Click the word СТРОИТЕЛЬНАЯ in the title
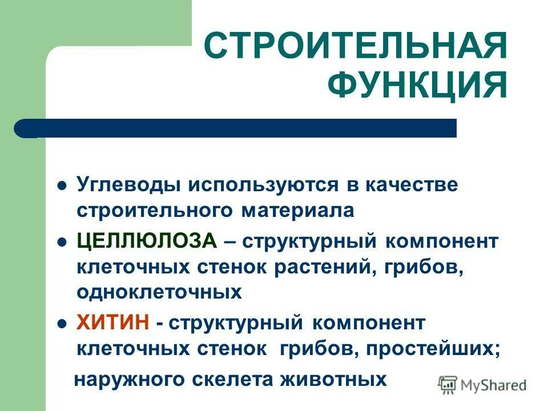[x=354, y=45]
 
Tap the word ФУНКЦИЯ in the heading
[x=417, y=86]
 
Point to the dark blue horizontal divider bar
[x=235, y=128]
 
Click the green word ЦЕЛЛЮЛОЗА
[x=147, y=241]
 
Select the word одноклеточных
[x=159, y=292]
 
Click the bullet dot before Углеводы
[x=63, y=187]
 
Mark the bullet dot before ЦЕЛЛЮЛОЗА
[x=63, y=241]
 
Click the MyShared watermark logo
[x=483, y=384]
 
